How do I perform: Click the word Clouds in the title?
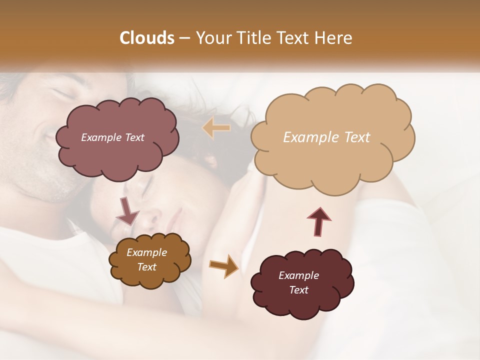pyautogui.click(x=147, y=38)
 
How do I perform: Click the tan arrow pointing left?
pyautogui.click(x=217, y=128)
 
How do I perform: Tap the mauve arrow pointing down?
pyautogui.click(x=127, y=210)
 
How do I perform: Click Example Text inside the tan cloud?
pyautogui.click(x=326, y=137)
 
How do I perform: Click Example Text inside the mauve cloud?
pyautogui.click(x=113, y=137)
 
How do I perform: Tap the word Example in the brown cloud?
pyautogui.click(x=147, y=252)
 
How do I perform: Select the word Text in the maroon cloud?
pyautogui.click(x=298, y=290)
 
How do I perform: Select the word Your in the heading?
pyautogui.click(x=211, y=38)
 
